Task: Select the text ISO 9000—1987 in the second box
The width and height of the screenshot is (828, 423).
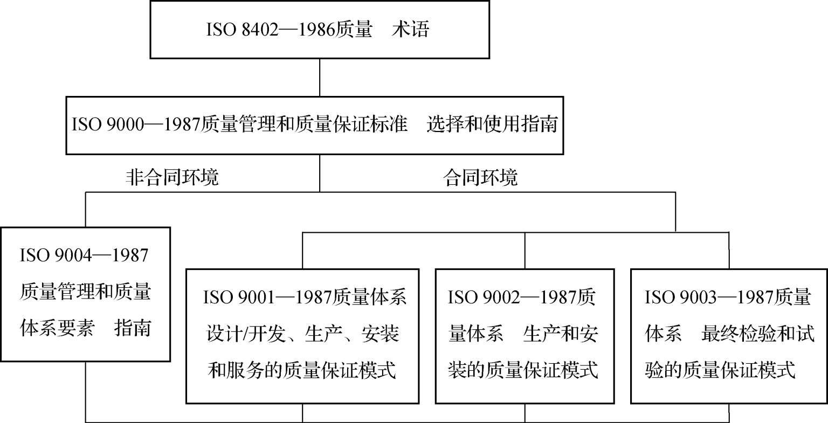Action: [135, 125]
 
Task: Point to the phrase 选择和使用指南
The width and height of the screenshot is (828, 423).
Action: [492, 125]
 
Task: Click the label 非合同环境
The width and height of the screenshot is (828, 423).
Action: [172, 177]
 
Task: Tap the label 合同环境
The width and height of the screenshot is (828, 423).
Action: [480, 177]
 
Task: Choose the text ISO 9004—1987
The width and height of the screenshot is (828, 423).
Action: [84, 255]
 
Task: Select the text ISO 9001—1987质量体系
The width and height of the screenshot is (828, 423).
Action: [305, 297]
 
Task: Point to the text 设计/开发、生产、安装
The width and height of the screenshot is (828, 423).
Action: [302, 334]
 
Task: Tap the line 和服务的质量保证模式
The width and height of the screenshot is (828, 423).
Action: [302, 371]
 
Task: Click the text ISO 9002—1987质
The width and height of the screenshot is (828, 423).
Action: [521, 297]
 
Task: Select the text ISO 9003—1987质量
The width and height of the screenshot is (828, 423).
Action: [728, 297]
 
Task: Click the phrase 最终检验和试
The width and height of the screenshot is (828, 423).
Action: [757, 334]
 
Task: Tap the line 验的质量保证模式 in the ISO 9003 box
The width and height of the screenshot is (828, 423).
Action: [720, 371]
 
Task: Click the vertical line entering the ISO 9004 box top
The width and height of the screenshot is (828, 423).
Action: [86, 210]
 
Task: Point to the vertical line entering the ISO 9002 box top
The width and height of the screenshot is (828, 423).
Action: [525, 251]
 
